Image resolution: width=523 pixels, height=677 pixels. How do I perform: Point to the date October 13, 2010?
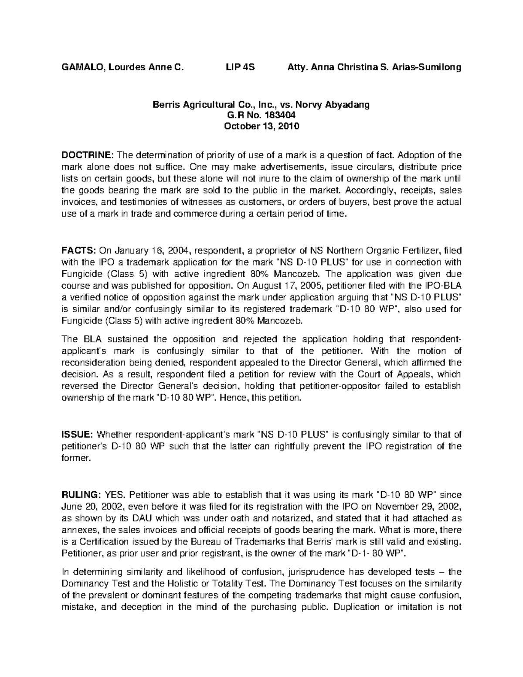point(261,127)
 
